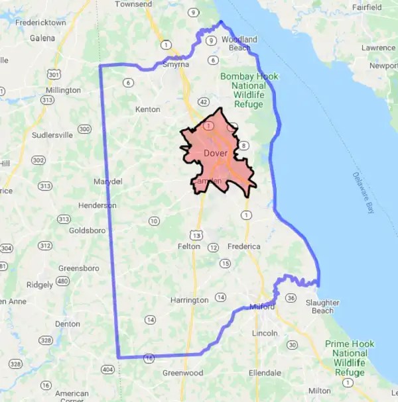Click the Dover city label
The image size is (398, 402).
[215, 154]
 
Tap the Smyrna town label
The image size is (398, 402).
[176, 66]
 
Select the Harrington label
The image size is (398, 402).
[190, 300]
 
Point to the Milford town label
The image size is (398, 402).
[262, 307]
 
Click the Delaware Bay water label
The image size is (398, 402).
[362, 193]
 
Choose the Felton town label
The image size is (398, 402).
[189, 246]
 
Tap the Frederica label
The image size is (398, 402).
[245, 246]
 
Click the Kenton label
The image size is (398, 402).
[147, 109]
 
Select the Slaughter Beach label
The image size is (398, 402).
[323, 307]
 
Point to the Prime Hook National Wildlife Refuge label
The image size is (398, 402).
[350, 358]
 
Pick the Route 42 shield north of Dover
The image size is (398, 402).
[203, 102]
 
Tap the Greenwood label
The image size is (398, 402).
[183, 373]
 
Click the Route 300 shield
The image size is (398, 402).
[84, 128]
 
